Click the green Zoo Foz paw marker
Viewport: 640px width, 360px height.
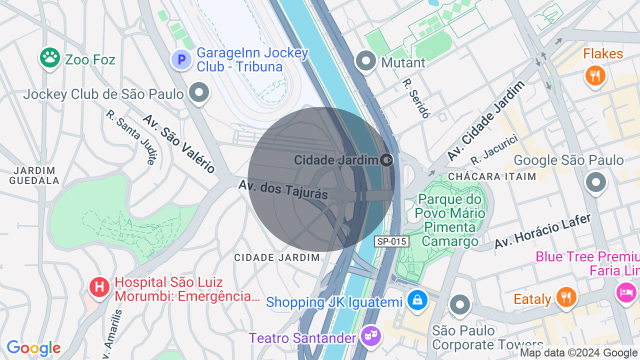(50, 58)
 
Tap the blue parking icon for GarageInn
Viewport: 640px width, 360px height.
(181, 60)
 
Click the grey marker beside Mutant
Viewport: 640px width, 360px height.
(366, 61)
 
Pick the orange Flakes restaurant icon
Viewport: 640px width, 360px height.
(595, 76)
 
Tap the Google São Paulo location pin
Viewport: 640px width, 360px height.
(596, 182)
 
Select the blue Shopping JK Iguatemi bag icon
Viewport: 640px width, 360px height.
(416, 300)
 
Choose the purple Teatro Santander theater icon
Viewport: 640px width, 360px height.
(370, 336)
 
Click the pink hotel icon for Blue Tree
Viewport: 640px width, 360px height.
(626, 291)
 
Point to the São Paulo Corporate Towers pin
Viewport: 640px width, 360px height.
(459, 304)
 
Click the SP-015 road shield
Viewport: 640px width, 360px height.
(391, 241)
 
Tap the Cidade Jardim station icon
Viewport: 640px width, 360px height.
(386, 160)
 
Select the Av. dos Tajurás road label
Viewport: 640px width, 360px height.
(283, 189)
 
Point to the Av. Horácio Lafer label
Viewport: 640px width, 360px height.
(542, 231)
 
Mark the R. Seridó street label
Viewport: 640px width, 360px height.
(416, 98)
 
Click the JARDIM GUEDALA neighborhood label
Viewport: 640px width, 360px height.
(34, 175)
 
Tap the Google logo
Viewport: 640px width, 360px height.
(33, 348)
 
